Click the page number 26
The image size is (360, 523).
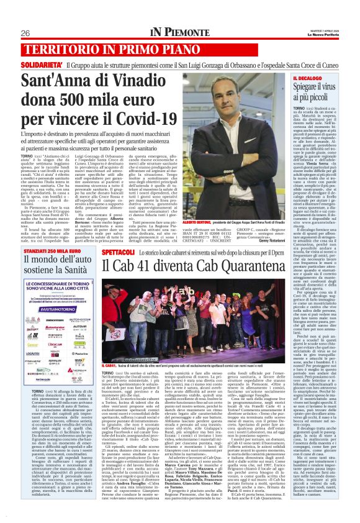click(25, 32)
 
